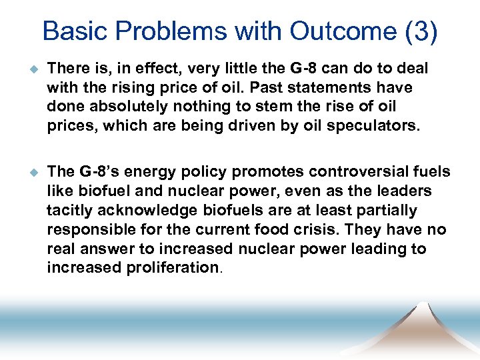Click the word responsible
pyautogui.click(x=89, y=230)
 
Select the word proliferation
pyautogui.click(x=178, y=268)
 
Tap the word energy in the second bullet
pyautogui.click(x=157, y=172)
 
